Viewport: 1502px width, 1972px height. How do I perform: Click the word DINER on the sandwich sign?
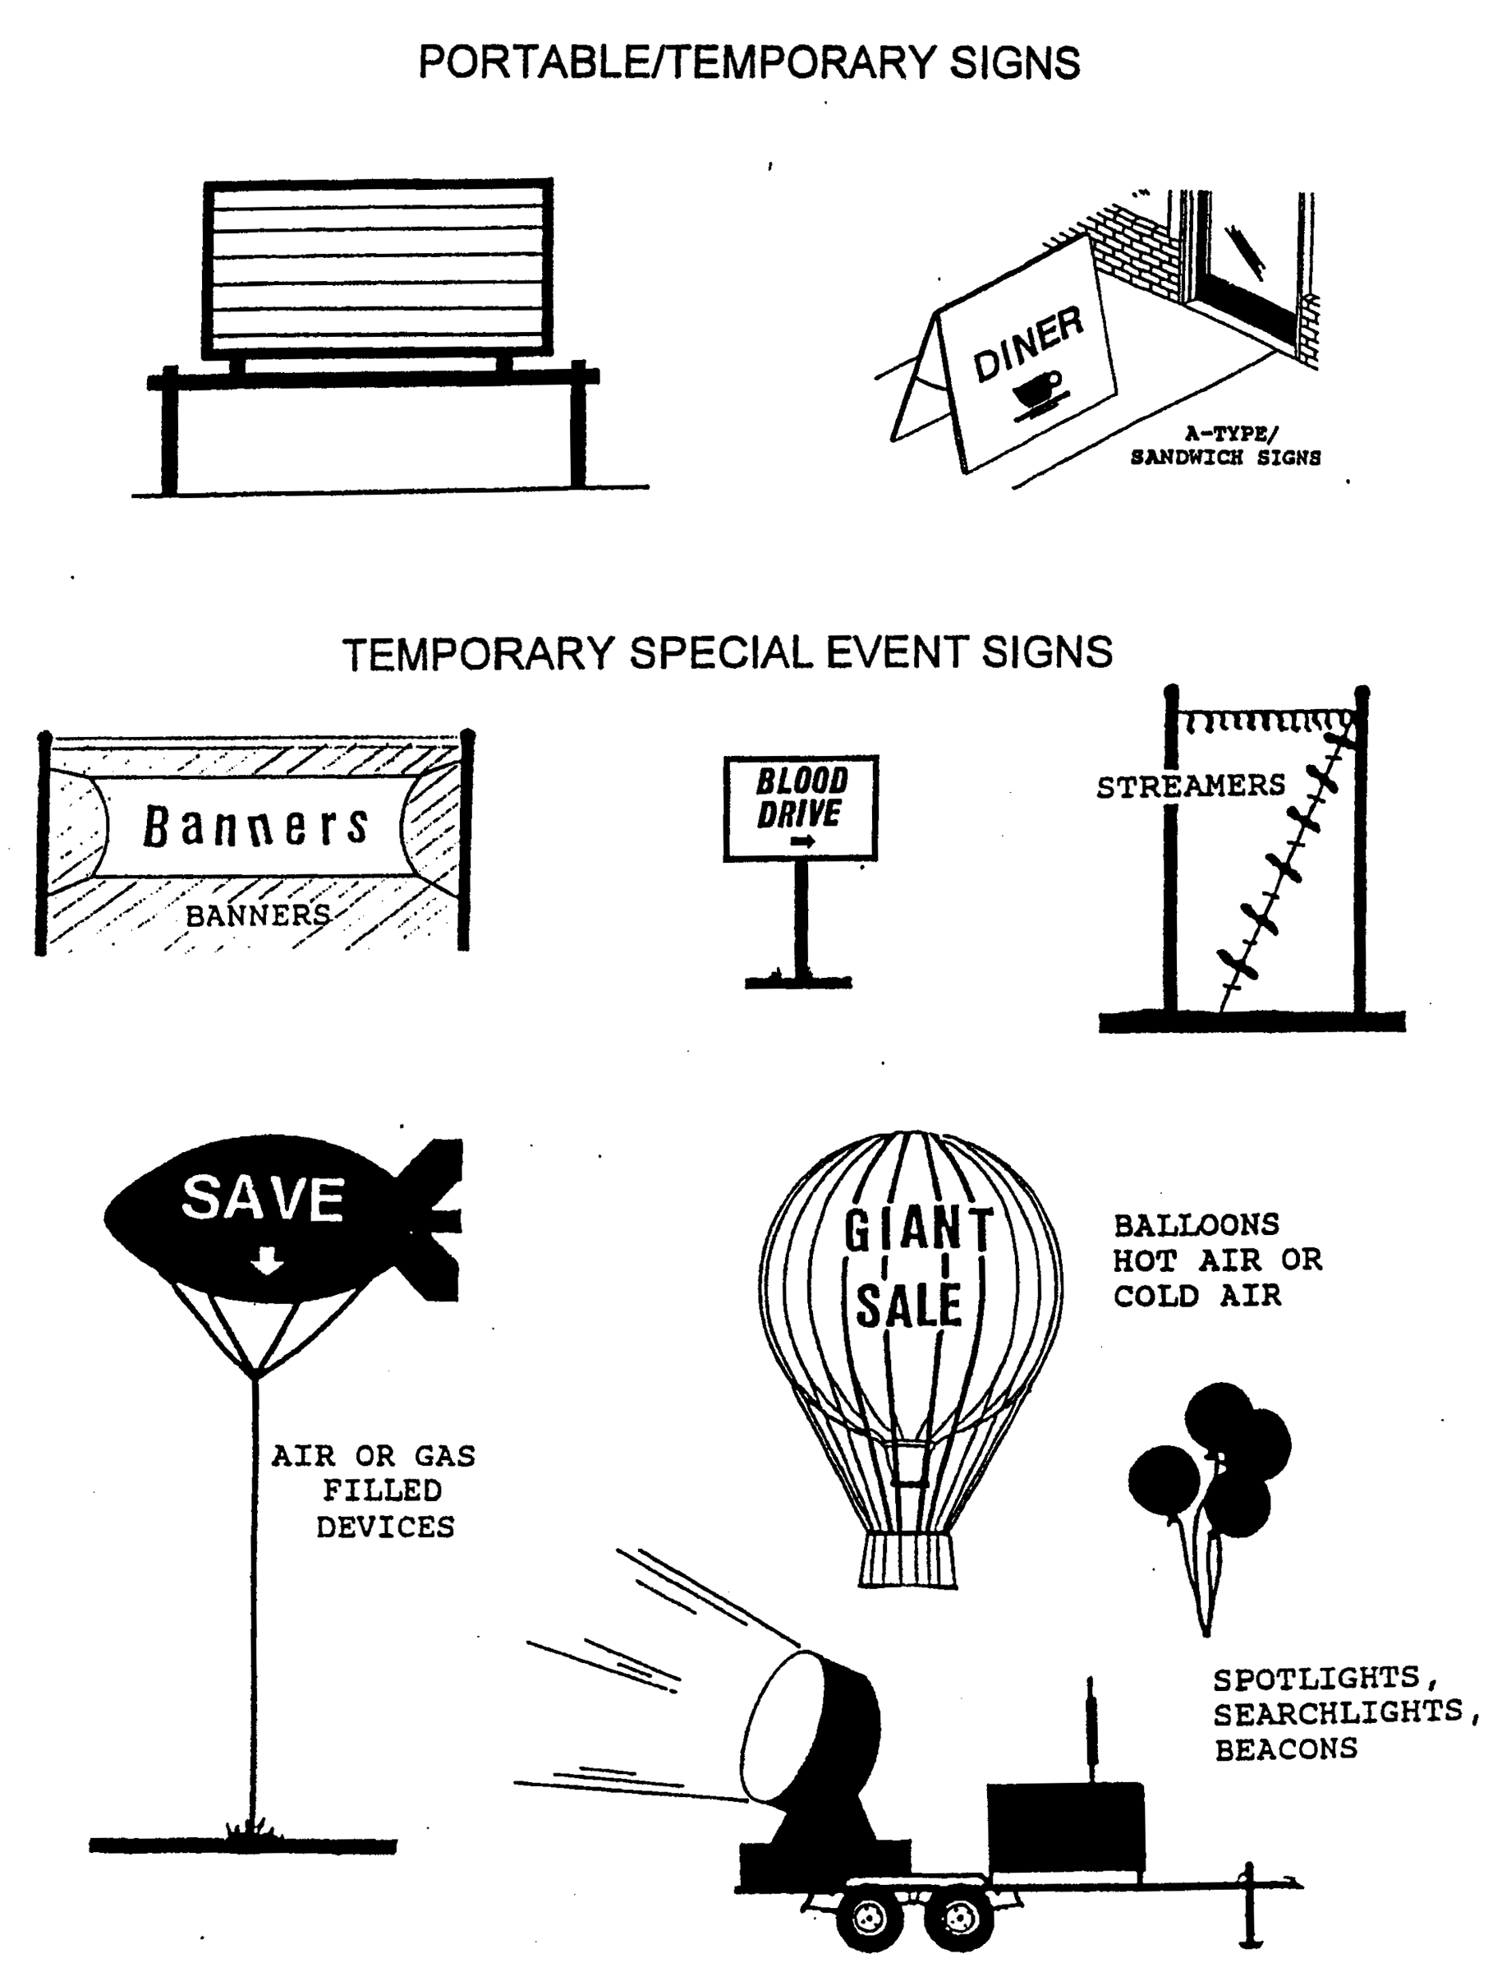pyautogui.click(x=1028, y=343)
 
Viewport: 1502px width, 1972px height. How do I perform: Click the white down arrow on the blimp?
pyautogui.click(x=266, y=1261)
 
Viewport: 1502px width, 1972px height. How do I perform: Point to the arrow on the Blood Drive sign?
pyautogui.click(x=803, y=841)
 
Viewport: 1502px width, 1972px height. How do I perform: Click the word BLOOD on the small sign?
pyautogui.click(x=802, y=781)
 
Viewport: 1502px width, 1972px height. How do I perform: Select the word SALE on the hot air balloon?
pyautogui.click(x=909, y=1305)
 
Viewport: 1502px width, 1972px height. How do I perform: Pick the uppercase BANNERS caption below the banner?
pyautogui.click(x=258, y=915)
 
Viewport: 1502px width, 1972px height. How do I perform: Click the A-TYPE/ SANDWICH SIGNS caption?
pyautogui.click(x=1226, y=445)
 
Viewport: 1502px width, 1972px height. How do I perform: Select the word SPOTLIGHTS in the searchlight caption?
pyautogui.click(x=1316, y=1678)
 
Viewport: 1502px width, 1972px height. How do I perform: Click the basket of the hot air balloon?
pyautogui.click(x=908, y=1560)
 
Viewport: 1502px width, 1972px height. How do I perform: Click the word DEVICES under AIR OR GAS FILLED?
pyautogui.click(x=385, y=1527)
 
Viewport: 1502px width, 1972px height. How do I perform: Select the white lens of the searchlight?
pyautogui.click(x=778, y=1726)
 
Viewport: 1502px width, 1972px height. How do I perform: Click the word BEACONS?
pyautogui.click(x=1286, y=1749)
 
